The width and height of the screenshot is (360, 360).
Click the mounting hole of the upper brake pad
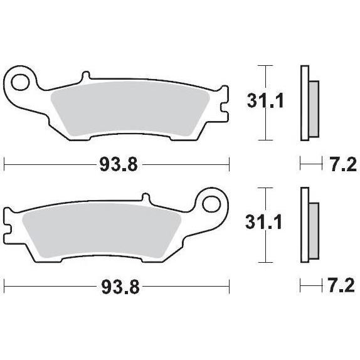coord(20,82)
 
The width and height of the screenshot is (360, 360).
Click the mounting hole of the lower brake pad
coord(211,204)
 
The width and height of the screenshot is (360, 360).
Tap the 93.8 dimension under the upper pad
coord(119,164)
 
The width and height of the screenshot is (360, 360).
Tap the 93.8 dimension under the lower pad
coord(120,287)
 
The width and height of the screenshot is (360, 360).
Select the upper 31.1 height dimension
coord(265,101)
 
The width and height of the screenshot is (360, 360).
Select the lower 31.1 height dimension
coord(263,222)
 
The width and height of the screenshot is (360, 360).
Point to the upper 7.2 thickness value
coord(344,164)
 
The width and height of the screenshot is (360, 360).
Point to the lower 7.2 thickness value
coord(342,286)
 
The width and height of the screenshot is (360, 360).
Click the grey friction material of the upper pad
coord(130,108)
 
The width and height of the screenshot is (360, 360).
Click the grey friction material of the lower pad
coord(102,230)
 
